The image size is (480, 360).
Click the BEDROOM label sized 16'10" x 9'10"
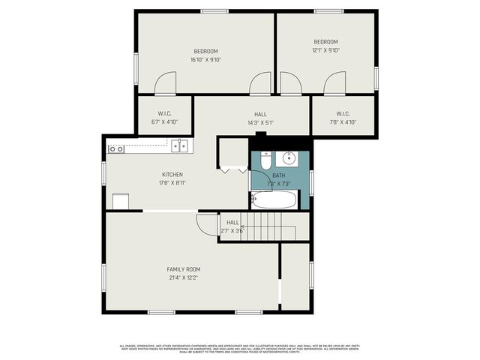(x=205, y=51)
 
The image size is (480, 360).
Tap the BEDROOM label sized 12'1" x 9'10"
(x=325, y=41)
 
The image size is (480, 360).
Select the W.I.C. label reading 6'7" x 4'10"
(x=165, y=114)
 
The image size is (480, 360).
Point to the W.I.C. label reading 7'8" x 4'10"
(x=342, y=114)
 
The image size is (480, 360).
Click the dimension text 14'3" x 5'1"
(x=260, y=123)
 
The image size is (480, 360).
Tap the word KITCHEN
(x=172, y=174)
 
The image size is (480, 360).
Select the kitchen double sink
(x=178, y=146)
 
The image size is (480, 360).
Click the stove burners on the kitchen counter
(x=116, y=149)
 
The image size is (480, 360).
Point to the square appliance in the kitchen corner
(x=121, y=202)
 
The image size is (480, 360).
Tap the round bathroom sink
(x=288, y=158)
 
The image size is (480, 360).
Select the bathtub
(x=274, y=200)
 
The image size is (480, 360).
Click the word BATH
(x=279, y=175)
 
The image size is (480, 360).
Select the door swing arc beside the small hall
(x=205, y=223)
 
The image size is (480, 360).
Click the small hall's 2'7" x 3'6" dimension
(x=233, y=231)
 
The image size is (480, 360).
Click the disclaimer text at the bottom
(x=240, y=348)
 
